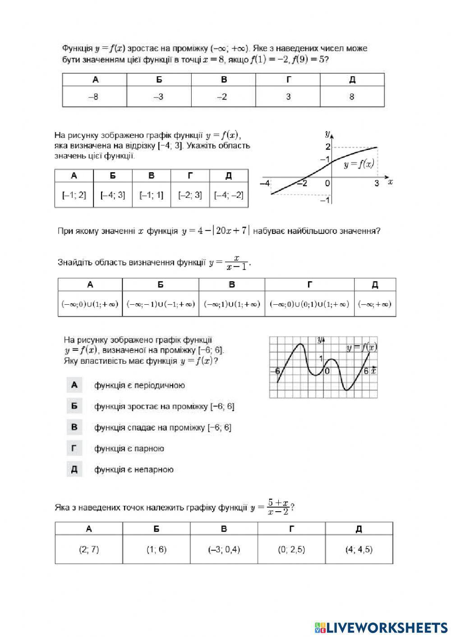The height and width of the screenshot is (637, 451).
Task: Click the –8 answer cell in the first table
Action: (94, 96)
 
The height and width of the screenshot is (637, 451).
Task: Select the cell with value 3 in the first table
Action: (288, 96)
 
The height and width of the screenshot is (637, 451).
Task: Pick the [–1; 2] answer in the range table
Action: (74, 195)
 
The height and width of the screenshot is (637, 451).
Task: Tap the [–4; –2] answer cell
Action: (229, 195)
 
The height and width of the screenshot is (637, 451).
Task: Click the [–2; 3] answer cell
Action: (190, 195)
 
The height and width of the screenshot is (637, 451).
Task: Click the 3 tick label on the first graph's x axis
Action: (377, 183)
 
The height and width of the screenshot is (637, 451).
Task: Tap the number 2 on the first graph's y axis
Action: (328, 147)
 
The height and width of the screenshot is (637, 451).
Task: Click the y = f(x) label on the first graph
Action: (359, 165)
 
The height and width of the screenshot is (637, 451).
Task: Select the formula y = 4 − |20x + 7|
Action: (216, 231)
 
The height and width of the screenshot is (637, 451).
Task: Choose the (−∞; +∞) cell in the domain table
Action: (375, 304)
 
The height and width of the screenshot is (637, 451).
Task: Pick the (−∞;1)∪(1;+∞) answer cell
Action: (232, 304)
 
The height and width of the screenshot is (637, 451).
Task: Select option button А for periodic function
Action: (74, 385)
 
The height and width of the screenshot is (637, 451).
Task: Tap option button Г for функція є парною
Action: (74, 448)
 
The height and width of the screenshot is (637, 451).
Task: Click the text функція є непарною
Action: (134, 470)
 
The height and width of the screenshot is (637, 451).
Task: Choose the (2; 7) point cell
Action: (89, 550)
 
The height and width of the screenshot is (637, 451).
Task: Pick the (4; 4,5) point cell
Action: (359, 550)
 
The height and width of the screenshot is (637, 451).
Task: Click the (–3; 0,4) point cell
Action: (224, 550)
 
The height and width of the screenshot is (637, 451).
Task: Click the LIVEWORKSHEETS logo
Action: (381, 627)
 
